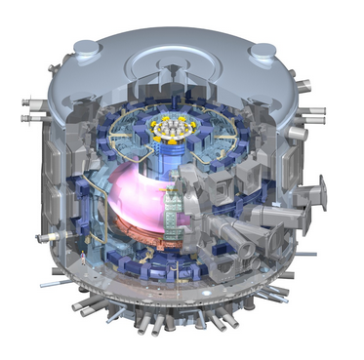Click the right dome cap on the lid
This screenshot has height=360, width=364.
tap(263, 51)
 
